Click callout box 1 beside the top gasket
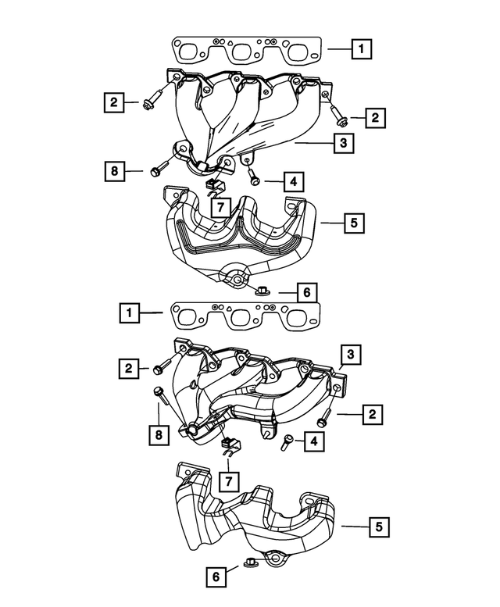pyautogui.click(x=360, y=49)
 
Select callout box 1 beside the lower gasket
pyautogui.click(x=130, y=313)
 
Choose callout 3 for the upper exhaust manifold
pyautogui.click(x=342, y=143)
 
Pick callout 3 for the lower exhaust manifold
pyautogui.click(x=351, y=355)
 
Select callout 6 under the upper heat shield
pyautogui.click(x=306, y=293)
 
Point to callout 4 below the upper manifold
pyautogui.click(x=292, y=182)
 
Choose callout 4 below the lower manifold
pyautogui.click(x=313, y=442)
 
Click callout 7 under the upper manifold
pyautogui.click(x=221, y=207)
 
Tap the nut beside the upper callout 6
pyautogui.click(x=261, y=292)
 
